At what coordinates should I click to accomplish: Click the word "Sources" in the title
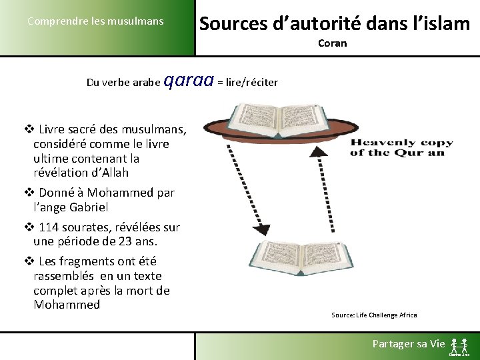tap(230, 24)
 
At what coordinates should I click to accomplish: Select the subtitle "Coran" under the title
tap(332, 43)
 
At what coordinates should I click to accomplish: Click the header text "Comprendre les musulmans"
tap(95, 21)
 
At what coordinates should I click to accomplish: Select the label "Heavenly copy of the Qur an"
tap(401, 147)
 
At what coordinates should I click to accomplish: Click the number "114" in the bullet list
tap(50, 227)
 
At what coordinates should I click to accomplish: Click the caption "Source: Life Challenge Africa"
tap(374, 315)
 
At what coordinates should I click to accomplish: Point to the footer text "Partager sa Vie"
tap(408, 344)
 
